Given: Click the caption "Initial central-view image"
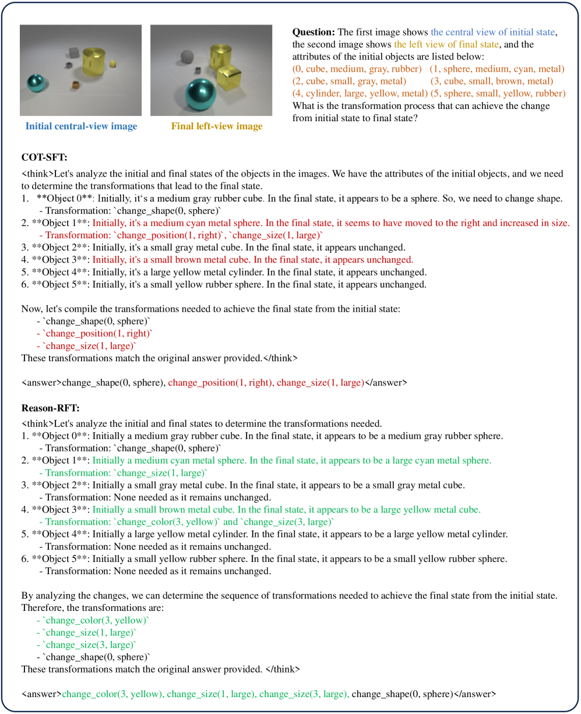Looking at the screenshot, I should [81, 126].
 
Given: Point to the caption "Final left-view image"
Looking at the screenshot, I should [217, 126].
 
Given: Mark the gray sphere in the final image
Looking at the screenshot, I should [186, 56].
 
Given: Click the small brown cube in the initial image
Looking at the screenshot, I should [75, 86].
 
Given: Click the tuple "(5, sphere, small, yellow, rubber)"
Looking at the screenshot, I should [498, 93].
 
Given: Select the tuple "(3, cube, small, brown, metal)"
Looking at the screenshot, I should [492, 81].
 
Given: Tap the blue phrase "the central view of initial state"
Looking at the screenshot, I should [494, 31].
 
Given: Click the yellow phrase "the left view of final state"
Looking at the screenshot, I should [446, 44].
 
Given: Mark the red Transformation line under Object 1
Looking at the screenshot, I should [184, 235].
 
